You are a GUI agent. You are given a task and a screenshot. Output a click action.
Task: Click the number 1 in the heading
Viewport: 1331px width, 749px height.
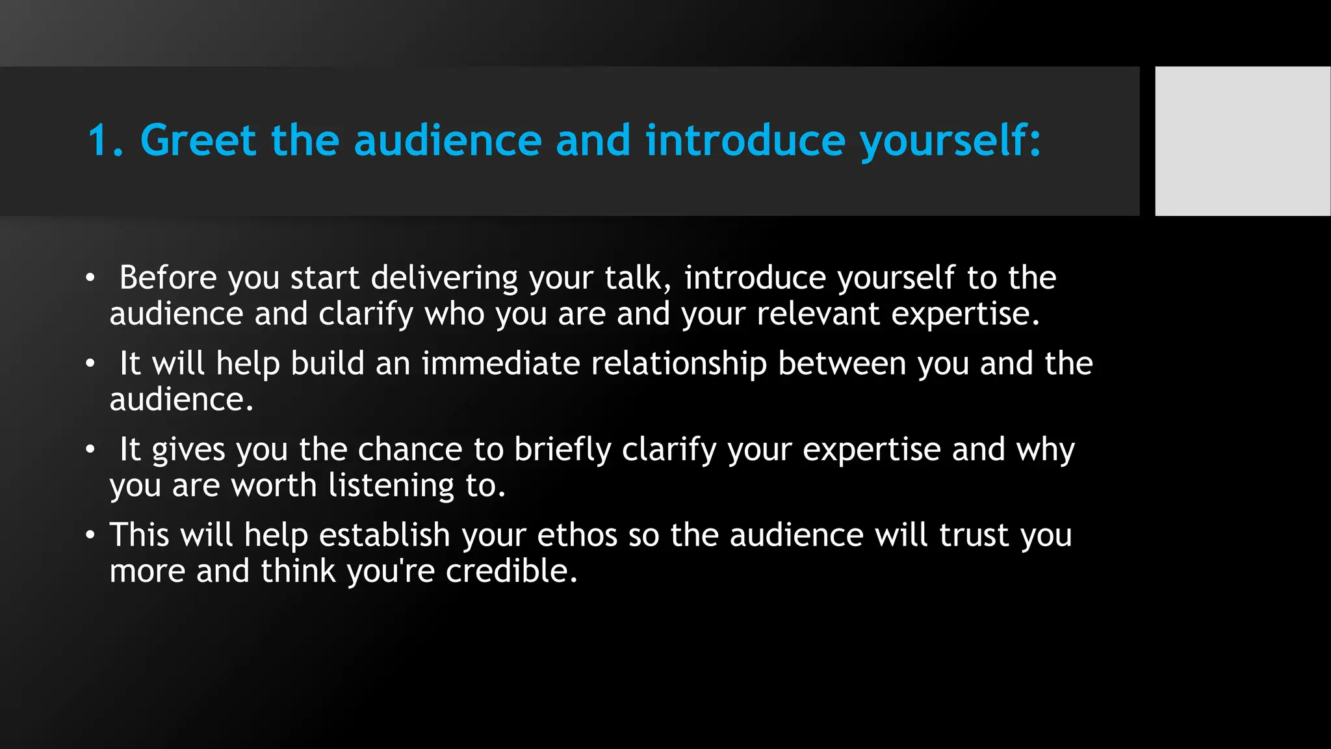tap(99, 140)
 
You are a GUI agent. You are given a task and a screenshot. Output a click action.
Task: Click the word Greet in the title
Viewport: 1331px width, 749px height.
tap(198, 140)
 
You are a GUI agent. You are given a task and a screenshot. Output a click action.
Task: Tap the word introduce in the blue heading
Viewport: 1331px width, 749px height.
tap(745, 140)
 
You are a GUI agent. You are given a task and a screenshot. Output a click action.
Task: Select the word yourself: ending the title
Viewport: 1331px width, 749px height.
tap(950, 142)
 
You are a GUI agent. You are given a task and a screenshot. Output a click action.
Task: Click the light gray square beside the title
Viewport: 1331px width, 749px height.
tap(1242, 140)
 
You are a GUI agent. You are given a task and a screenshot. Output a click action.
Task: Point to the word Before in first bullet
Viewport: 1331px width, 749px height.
tap(168, 278)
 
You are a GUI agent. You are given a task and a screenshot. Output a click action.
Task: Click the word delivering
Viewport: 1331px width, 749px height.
tap(444, 279)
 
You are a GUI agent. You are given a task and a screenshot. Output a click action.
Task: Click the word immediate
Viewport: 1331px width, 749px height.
tap(500, 363)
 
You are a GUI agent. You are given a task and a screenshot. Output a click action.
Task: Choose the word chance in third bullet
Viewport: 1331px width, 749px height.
tap(409, 449)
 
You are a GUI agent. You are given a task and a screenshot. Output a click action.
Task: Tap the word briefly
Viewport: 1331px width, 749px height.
tap(563, 450)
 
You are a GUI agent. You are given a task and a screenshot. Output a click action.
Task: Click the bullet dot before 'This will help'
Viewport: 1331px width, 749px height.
tap(90, 536)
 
